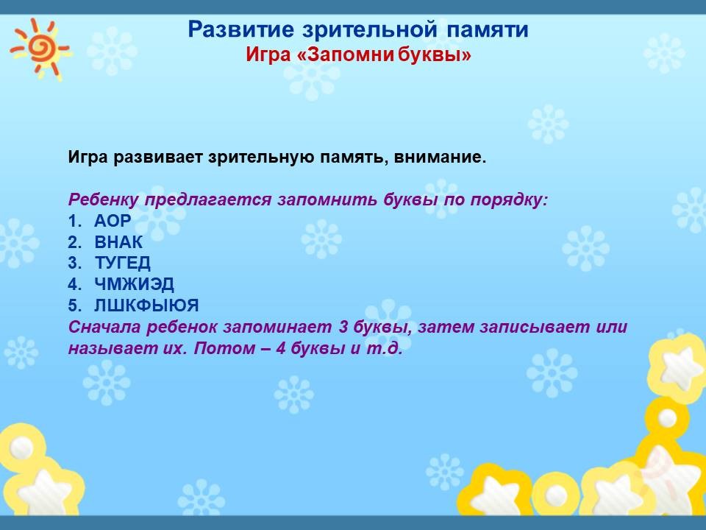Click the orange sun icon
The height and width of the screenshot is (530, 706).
point(41,48)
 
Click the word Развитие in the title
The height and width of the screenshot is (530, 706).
point(241,29)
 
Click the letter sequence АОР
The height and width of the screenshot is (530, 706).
point(113,221)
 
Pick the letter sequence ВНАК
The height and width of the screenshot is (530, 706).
point(118,242)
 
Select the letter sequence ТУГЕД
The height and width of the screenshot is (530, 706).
point(123,264)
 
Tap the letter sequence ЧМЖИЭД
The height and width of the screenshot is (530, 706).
point(134,284)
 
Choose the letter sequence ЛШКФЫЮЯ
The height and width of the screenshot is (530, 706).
point(146,305)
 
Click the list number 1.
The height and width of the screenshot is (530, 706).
point(74,221)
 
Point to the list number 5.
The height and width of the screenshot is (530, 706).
point(75,305)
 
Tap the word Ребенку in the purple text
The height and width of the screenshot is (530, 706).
point(103,199)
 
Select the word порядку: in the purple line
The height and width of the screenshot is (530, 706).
point(509,199)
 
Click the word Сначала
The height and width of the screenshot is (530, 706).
point(104,327)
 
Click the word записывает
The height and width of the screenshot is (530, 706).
point(535,327)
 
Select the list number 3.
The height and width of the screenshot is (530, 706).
point(75,264)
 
